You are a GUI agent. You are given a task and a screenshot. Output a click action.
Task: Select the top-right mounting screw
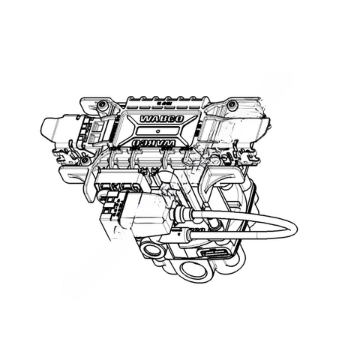[x=232, y=103]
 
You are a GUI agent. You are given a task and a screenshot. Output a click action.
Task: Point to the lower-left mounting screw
[x=85, y=160]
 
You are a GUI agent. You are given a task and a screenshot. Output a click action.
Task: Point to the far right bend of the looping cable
[x=289, y=228]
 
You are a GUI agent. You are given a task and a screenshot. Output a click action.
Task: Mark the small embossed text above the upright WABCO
[x=160, y=101]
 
